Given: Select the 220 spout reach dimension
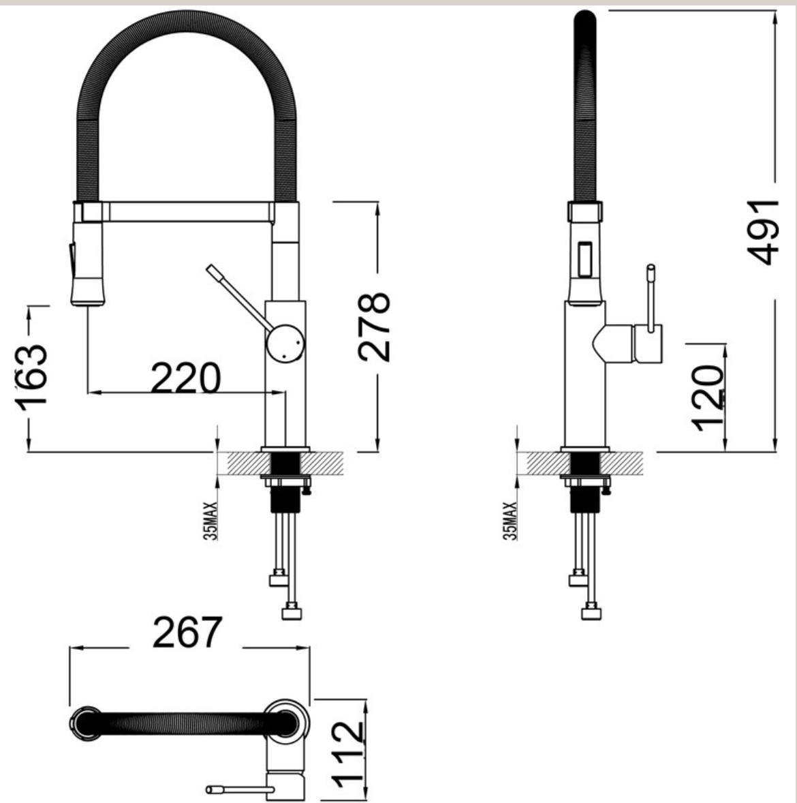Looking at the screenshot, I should click(x=185, y=378).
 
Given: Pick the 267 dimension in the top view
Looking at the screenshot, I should click(x=187, y=633).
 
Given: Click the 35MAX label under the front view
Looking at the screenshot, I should click(x=213, y=521).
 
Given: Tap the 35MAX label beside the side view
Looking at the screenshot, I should click(x=510, y=522).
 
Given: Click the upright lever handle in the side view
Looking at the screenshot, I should click(x=651, y=297).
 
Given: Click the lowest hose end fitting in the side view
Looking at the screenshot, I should click(x=591, y=612).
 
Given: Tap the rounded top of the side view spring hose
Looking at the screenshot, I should click(x=585, y=18).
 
